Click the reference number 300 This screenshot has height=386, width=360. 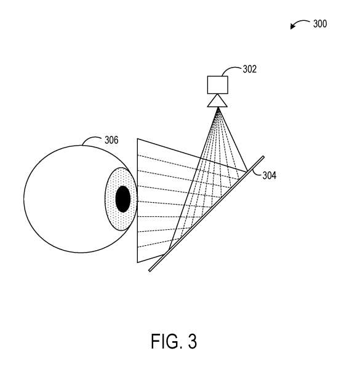click(x=320, y=24)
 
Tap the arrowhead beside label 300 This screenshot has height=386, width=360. click(x=292, y=26)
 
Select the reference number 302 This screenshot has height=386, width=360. click(x=250, y=69)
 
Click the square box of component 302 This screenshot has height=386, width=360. click(x=217, y=85)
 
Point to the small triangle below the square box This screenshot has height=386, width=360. click(x=217, y=101)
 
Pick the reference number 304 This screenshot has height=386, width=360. click(x=270, y=176)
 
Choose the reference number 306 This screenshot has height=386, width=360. click(x=111, y=140)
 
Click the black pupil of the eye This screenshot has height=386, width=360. click(x=123, y=199)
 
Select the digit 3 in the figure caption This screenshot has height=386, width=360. click(x=193, y=341)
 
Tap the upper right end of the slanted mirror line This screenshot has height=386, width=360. click(x=263, y=157)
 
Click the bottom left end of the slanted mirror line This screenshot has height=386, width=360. click(x=150, y=270)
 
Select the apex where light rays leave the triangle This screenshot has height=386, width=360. click(x=218, y=108)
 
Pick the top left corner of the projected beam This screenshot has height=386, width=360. click(x=137, y=139)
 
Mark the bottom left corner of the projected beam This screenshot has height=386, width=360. click(x=137, y=262)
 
